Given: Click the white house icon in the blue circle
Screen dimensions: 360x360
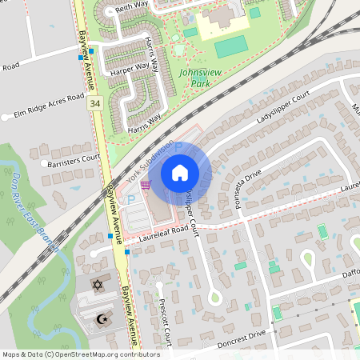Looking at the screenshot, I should click(179, 173).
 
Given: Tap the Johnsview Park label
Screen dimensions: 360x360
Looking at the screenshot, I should click(194, 77).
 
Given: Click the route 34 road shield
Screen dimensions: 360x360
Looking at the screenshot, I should click(95, 103).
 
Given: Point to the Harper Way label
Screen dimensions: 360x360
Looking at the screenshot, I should click(130, 70).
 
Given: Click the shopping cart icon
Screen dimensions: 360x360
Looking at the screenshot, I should click(145, 184).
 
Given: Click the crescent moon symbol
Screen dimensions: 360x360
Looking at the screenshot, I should click(102, 319).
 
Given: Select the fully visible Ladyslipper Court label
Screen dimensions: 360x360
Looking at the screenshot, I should click(282, 107).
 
